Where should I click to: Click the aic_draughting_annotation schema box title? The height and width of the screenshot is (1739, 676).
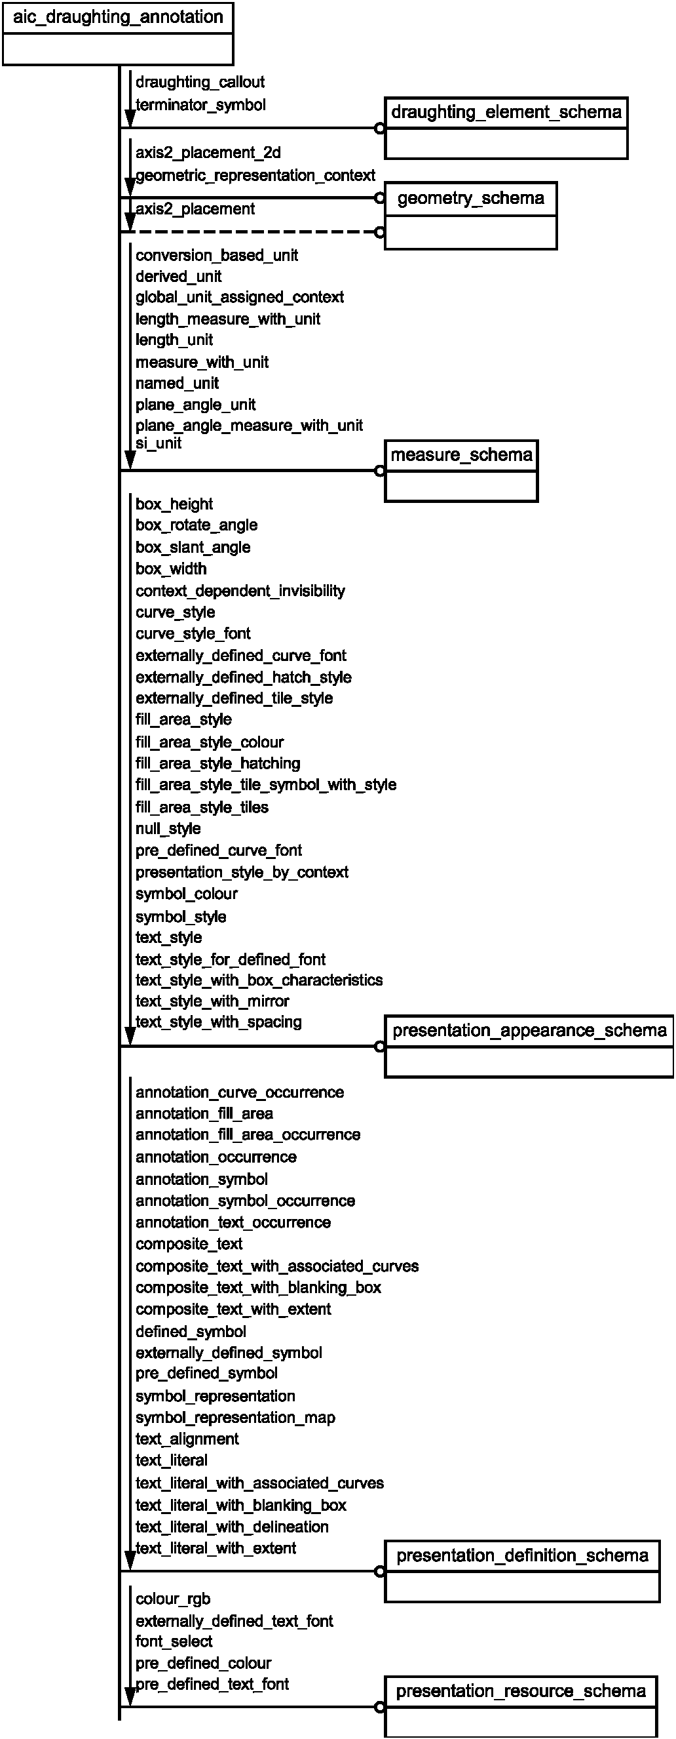pos(118,17)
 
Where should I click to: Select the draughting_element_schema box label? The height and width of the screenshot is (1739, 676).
pos(506,112)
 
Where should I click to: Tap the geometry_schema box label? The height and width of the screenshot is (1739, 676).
pos(470,199)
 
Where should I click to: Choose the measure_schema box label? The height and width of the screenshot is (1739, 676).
pos(461,455)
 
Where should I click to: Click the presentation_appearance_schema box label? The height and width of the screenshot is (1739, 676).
pos(530,1030)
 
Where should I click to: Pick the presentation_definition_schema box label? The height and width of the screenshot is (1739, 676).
pos(522,1555)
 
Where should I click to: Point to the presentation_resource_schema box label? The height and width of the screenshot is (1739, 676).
pos(521,1691)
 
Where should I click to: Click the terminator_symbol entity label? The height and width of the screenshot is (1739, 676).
pos(200,106)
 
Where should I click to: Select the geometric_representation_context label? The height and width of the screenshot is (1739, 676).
pos(255,176)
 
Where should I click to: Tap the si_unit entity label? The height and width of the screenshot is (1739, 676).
pos(159,443)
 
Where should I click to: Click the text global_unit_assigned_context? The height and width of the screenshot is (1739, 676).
pos(240,297)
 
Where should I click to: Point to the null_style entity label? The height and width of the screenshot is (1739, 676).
pos(168,828)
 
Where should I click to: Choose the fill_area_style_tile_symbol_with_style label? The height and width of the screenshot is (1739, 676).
pos(266,784)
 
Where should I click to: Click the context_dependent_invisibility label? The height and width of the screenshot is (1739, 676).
pos(240,591)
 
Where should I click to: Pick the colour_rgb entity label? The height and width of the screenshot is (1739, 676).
pos(173,1599)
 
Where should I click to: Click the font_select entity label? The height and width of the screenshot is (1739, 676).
pos(174,1641)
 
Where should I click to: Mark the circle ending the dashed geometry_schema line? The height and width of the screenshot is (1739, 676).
pos(380,232)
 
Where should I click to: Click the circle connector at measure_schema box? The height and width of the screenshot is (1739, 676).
pos(380,471)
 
